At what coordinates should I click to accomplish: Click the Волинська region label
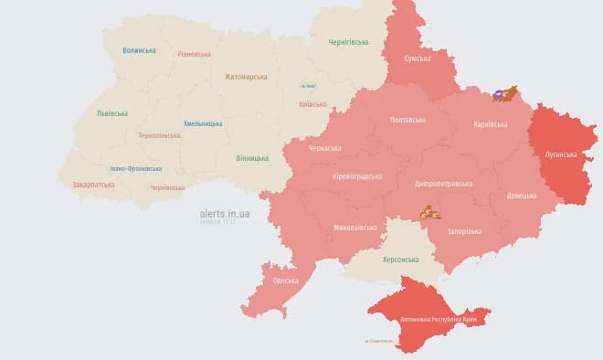point(139,50)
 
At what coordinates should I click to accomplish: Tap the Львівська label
point(112,113)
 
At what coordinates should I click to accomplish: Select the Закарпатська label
point(93,184)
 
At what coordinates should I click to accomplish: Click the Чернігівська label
point(348,41)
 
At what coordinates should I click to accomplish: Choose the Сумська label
point(418,58)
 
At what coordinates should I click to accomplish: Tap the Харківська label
point(490,123)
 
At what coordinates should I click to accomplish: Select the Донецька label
point(522,196)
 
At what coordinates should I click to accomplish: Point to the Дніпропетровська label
point(443,183)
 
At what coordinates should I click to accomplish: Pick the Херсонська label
point(400,259)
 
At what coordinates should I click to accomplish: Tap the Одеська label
point(285,280)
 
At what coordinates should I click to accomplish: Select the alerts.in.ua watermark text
point(224,213)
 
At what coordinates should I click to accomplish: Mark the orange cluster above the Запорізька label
point(430,213)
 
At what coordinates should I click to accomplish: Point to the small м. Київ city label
point(307,87)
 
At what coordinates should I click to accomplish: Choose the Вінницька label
point(252,157)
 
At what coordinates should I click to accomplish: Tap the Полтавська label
point(407,120)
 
